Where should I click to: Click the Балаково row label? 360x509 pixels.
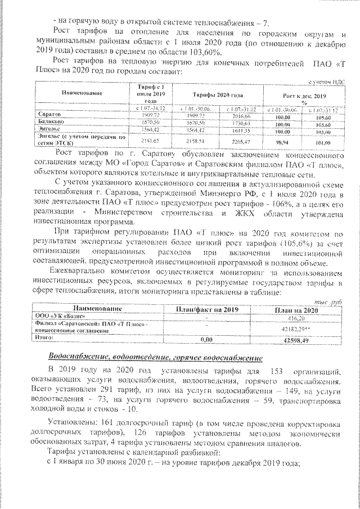pyautogui.click(x=49, y=121)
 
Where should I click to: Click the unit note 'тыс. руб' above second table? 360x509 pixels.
pyautogui.click(x=330, y=303)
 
